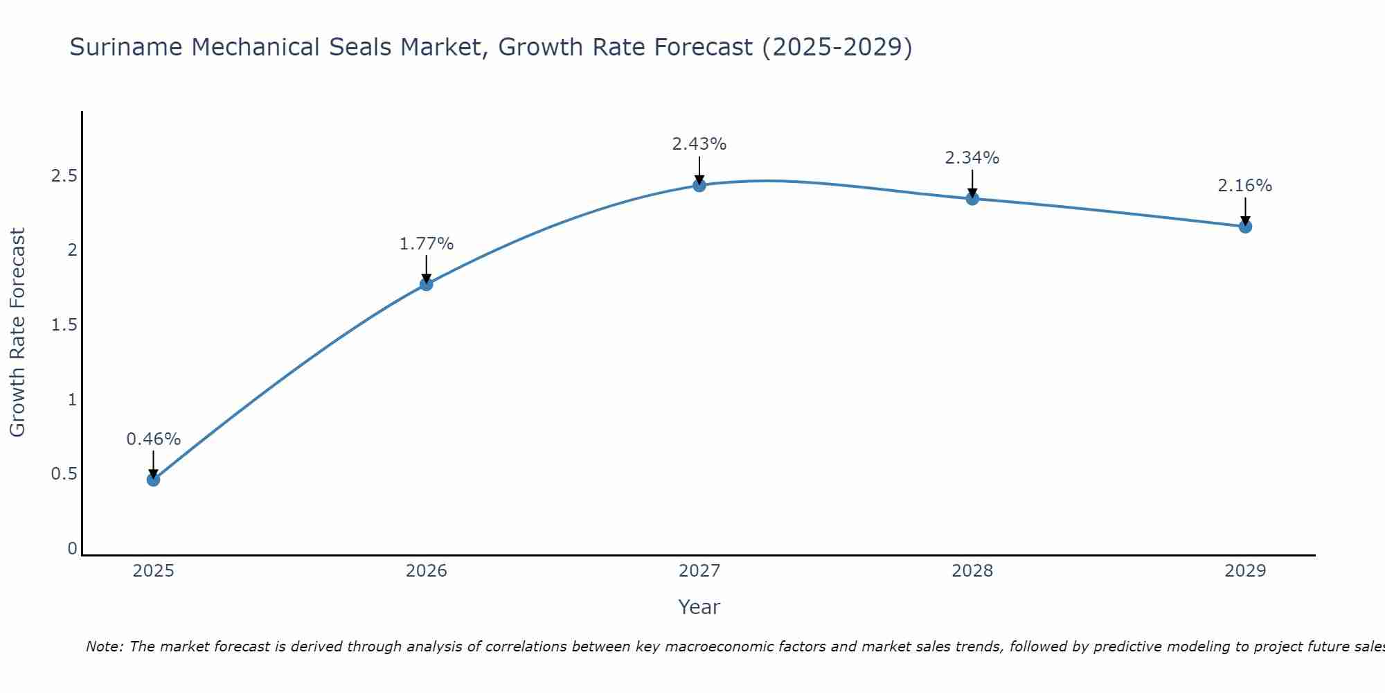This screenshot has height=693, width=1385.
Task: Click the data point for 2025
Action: point(153,480)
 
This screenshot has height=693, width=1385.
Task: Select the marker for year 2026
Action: point(426,284)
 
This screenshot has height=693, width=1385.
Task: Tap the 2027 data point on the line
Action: point(699,185)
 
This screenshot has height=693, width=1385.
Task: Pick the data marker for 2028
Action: point(972,199)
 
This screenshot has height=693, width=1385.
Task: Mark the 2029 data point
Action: point(1245,226)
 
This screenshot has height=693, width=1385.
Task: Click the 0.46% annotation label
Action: point(153,439)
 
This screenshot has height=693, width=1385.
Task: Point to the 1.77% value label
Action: point(426,244)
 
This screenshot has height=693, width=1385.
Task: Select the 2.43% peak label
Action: point(699,144)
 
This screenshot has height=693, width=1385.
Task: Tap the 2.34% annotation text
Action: point(972,158)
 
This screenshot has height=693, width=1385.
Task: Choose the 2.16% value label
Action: point(1245,186)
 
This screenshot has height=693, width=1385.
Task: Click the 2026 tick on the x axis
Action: point(426,571)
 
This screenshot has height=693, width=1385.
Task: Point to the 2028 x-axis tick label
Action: point(972,571)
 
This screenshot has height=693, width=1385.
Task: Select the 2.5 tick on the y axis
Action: point(64,175)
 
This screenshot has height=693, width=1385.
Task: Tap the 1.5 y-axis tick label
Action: point(64,325)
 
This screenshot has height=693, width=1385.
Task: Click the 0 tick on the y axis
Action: point(72,549)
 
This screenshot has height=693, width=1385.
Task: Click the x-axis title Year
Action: point(699,607)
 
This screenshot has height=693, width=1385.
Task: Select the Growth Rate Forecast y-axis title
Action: point(17,333)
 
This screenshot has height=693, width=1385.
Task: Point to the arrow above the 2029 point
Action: point(1245,211)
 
